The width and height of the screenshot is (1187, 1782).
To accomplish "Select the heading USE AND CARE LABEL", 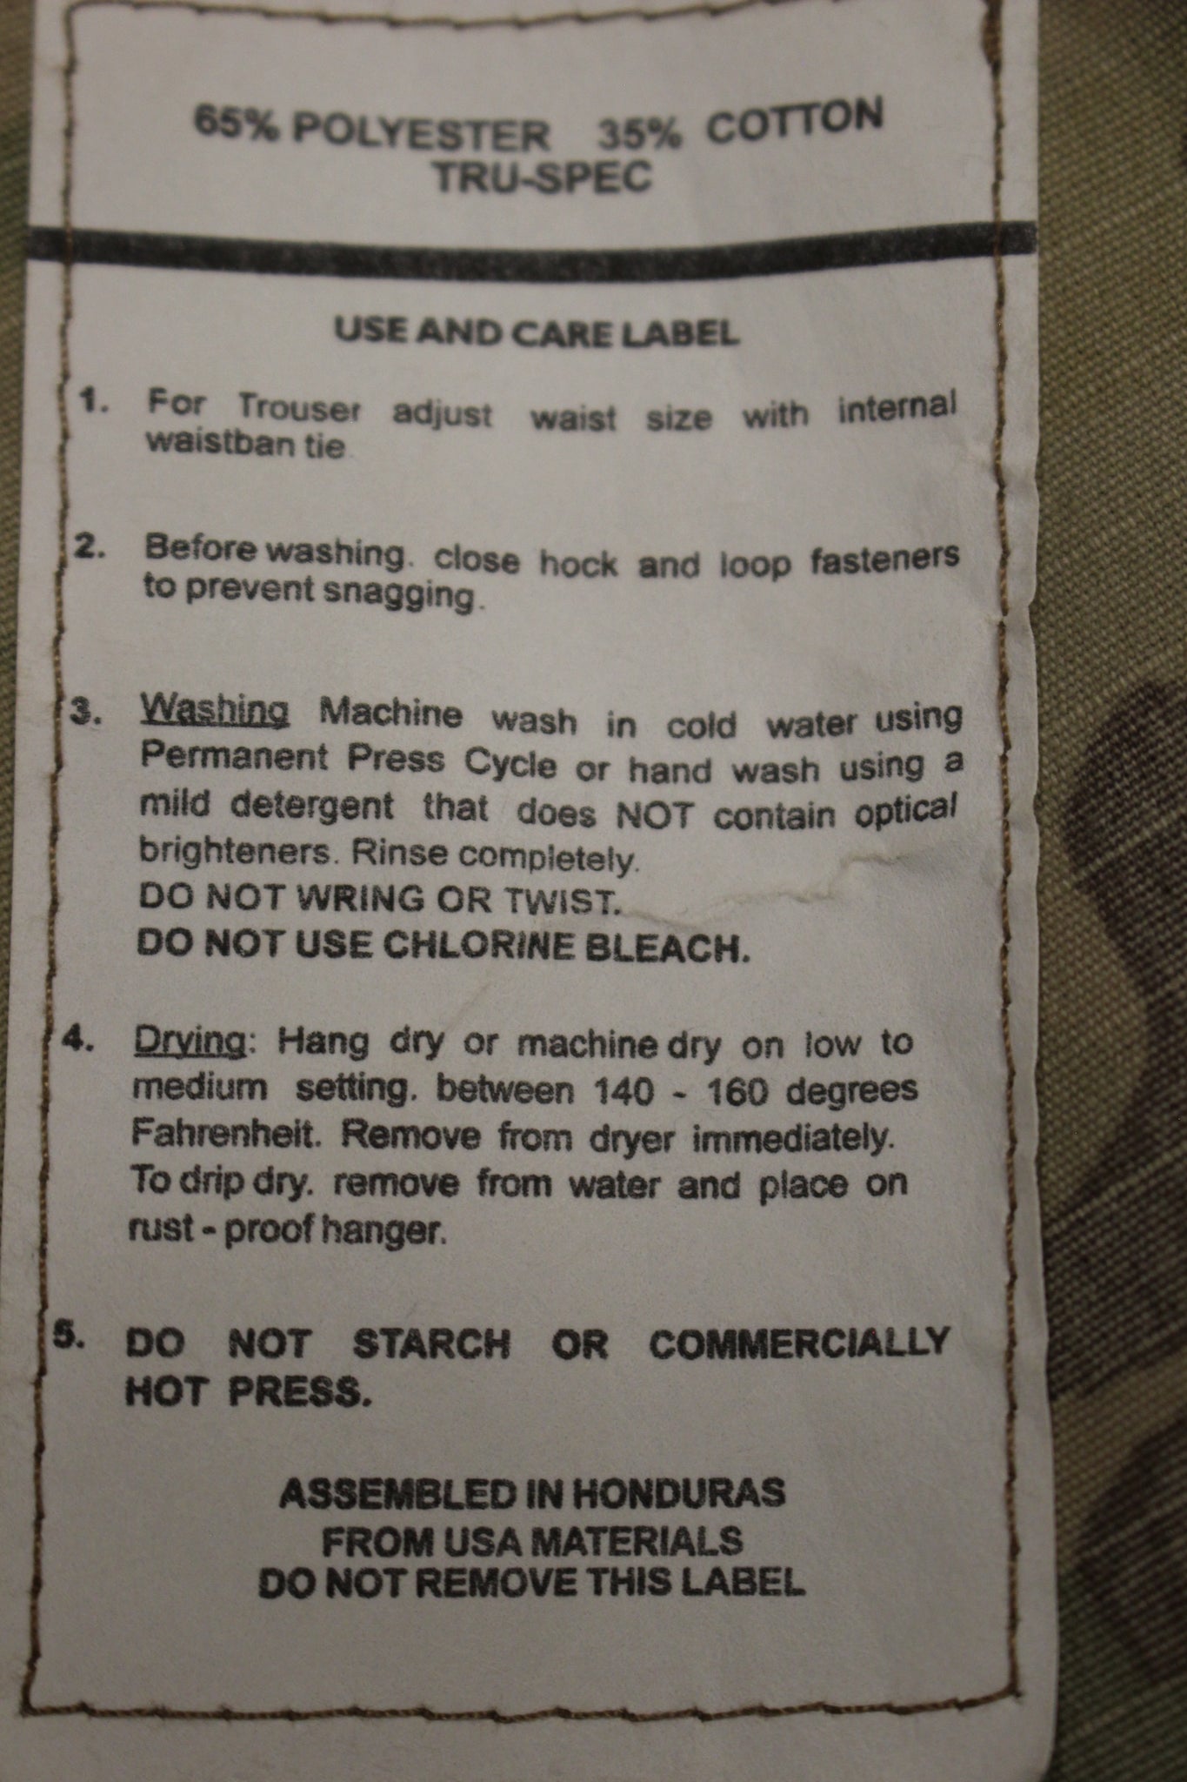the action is (x=537, y=332).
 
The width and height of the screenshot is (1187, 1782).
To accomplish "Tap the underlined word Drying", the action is (x=190, y=1042).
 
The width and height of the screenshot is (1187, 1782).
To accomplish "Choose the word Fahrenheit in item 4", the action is (x=217, y=1135).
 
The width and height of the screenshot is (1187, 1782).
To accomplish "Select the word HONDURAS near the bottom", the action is (x=669, y=1492).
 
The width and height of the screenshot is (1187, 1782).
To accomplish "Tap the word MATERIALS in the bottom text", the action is (x=636, y=1541).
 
